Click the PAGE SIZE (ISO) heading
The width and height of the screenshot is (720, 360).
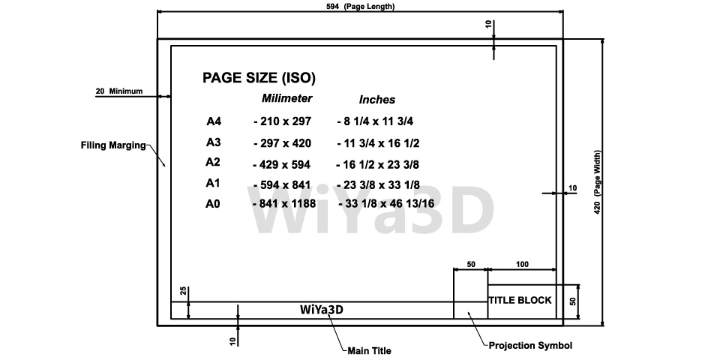pos(259,78)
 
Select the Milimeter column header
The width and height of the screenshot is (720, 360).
pos(287,98)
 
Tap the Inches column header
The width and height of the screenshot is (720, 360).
pos(377,100)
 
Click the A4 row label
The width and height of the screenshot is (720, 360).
pos(214,121)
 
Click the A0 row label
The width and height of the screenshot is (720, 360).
pos(213,204)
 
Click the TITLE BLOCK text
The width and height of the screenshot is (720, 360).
pos(520,300)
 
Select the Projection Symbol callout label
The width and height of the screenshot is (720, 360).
pos(530,345)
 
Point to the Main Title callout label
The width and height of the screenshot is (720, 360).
pos(369,351)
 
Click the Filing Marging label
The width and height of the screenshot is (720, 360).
pos(113,145)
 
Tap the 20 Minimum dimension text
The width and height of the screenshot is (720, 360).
pos(119,91)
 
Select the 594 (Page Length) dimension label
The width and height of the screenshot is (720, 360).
pos(360,6)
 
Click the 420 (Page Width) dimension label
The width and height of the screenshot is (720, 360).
pos(598,183)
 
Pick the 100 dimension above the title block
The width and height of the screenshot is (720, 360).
pos(522,264)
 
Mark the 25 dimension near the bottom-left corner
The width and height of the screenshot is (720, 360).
pos(183,291)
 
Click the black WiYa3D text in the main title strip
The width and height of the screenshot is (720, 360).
pos(322,310)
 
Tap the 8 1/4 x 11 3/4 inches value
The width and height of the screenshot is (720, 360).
pos(375,121)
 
